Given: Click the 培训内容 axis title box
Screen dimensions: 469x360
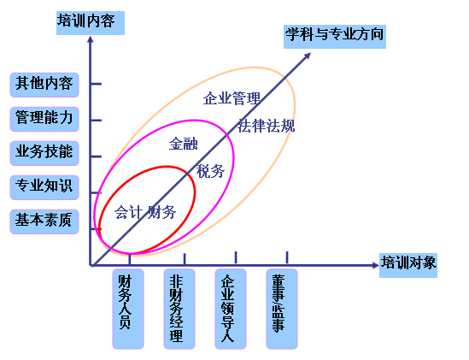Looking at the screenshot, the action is (x=91, y=23).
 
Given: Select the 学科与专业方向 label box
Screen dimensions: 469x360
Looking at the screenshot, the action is (x=335, y=37).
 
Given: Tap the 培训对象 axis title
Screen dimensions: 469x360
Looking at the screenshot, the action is (x=408, y=265).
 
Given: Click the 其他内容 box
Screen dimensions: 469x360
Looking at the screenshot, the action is (x=44, y=85).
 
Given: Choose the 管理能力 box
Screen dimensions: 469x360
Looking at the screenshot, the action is (x=44, y=119).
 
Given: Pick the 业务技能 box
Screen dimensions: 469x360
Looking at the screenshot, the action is (x=44, y=153).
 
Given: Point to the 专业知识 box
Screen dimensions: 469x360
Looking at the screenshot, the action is (x=44, y=187).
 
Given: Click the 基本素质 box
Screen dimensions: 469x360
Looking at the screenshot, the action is (x=44, y=221).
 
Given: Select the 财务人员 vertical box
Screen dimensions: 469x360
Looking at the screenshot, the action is (x=128, y=309).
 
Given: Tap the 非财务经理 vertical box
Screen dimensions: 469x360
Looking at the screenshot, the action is (x=179, y=309).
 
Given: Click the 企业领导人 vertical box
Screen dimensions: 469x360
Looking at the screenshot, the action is (x=231, y=309).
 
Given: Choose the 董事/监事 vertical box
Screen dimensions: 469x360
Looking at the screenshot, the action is (x=282, y=309).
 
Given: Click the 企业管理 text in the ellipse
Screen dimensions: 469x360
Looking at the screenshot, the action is (x=232, y=98).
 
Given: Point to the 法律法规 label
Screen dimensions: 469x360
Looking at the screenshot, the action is (x=267, y=126).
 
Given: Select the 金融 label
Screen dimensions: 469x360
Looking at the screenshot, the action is (x=184, y=144).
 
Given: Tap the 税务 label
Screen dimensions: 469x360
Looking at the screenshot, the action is (x=210, y=171).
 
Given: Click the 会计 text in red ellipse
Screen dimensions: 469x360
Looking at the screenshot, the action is (x=128, y=212).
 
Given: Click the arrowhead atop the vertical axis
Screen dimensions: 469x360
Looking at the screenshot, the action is (x=90, y=39).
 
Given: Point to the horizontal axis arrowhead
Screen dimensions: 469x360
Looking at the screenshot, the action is (x=376, y=265).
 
